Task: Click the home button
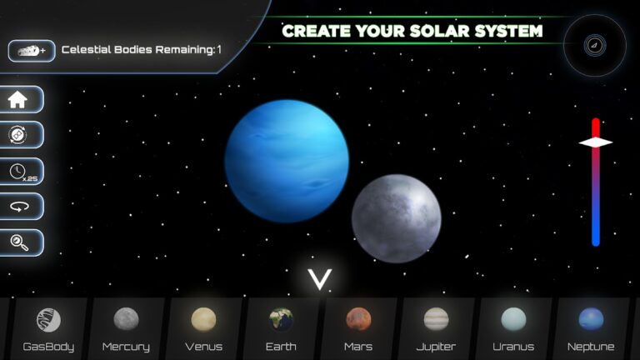[x=18, y=99]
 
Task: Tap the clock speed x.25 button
[x=19, y=171]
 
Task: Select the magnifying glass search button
[x=19, y=242]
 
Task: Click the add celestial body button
[x=32, y=50]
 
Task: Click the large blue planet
[x=286, y=162]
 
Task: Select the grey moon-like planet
[x=396, y=218]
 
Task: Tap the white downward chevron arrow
[x=319, y=279]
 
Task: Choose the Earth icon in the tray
[x=281, y=319]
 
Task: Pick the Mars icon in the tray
[x=358, y=319]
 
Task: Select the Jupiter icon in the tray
[x=436, y=319]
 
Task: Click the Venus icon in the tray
[x=203, y=319]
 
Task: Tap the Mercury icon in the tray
[x=126, y=319]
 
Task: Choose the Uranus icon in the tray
[x=513, y=319]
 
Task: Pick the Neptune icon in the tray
[x=591, y=319]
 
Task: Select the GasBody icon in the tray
[x=48, y=319]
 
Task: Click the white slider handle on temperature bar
[x=596, y=142]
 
